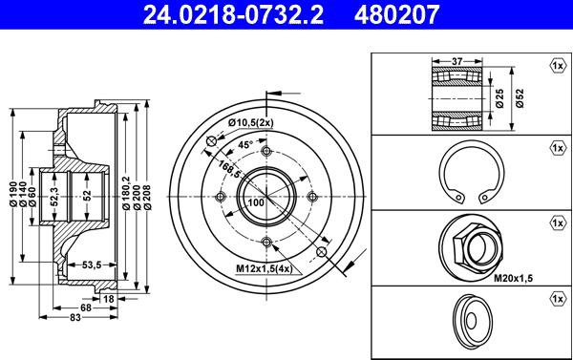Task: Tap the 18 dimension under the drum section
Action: coord(108,300)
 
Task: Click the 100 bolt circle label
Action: coord(255,203)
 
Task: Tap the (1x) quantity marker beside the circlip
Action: coord(556,149)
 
